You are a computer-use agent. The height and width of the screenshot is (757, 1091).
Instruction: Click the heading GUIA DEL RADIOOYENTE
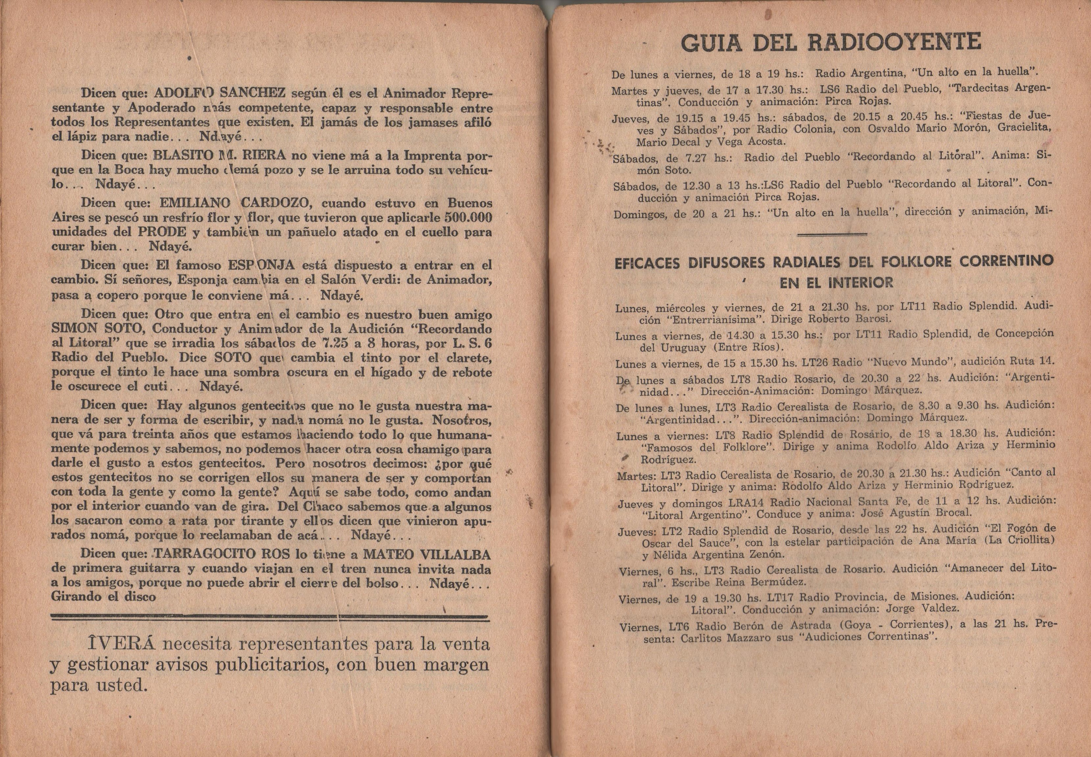point(830,43)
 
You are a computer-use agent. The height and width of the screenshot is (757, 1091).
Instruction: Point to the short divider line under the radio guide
point(832,233)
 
